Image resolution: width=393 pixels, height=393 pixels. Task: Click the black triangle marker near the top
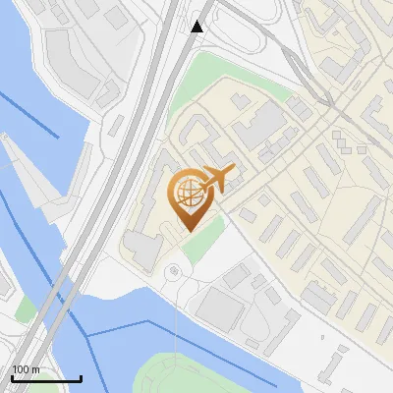click(197, 26)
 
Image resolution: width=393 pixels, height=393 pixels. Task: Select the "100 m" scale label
click(26, 369)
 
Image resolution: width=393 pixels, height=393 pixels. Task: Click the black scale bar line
click(46, 379)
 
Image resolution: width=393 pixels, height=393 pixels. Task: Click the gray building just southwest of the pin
click(142, 251)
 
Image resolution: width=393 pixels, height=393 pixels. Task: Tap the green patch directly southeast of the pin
click(201, 241)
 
